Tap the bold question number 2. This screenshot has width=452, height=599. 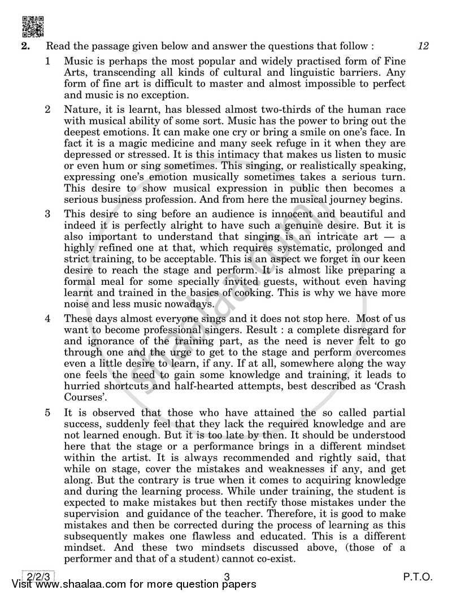pyautogui.click(x=25, y=46)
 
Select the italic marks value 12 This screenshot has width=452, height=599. pyautogui.click(x=423, y=46)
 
